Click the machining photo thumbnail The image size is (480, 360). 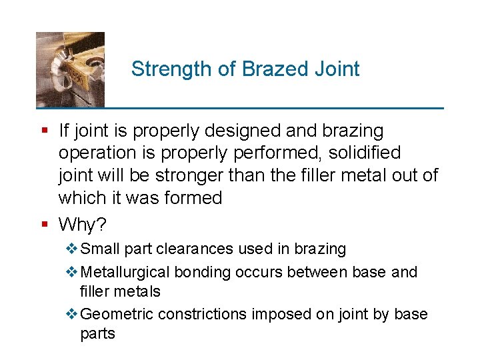[x=70, y=69]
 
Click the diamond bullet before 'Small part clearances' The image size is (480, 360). [x=72, y=249]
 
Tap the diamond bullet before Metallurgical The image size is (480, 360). [x=72, y=272]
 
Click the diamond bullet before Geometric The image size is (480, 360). [x=72, y=314]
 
